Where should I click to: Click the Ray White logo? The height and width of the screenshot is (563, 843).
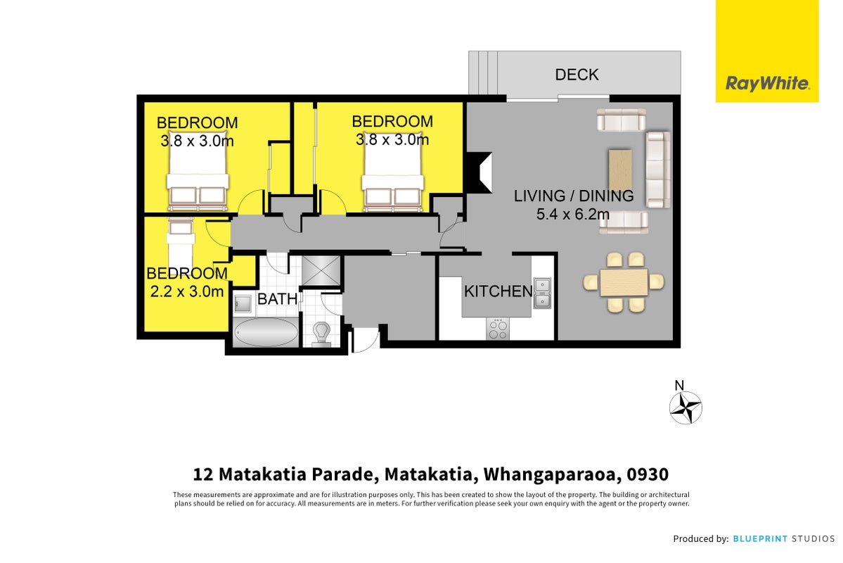pos(766,51)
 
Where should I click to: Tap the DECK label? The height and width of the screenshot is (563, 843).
pos(577,75)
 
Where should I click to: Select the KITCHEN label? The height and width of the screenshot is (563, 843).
pos(498,291)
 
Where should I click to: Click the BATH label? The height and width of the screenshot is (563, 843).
pos(278,298)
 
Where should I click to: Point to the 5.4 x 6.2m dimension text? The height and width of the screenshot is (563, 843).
pos(572,214)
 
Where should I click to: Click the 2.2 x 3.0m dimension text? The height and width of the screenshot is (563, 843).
pos(186,292)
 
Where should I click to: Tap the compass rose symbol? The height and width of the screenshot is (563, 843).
pos(686,407)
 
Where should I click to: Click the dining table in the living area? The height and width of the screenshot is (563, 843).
pos(624,282)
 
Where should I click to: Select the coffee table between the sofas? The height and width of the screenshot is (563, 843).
pos(620,169)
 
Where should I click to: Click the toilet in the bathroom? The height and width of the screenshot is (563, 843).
pos(321,333)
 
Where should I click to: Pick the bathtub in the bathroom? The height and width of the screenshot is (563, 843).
pos(266,332)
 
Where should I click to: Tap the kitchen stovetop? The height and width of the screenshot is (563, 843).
pos(498,329)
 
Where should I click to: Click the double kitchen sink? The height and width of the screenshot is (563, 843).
pos(542,293)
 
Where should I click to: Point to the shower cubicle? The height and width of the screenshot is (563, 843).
pos(321,271)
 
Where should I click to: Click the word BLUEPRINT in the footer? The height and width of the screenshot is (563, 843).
pos(760,538)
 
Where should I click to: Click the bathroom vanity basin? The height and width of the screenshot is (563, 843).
pos(243,303)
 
